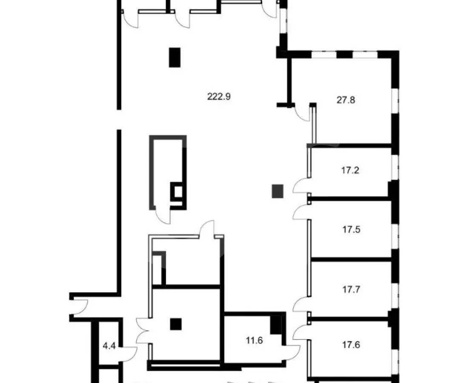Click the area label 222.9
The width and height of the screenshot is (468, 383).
coord(219,97)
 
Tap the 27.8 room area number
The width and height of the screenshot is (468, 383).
coord(345,100)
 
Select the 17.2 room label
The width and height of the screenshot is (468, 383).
coord(350,171)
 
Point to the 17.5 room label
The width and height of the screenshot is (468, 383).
coord(351,229)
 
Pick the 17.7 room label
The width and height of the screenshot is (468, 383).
coord(351,289)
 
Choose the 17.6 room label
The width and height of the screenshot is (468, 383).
coord(351,345)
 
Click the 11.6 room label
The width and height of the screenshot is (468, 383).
coord(254,340)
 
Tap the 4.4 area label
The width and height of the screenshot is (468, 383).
coord(109,346)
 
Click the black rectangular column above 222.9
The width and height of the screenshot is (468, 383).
coord(174,57)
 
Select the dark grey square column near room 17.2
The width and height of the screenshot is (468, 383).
coord(277,191)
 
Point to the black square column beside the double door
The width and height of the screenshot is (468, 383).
coord(176,324)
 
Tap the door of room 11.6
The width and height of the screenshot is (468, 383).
coord(291,352)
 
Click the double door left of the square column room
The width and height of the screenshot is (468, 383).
coord(142,331)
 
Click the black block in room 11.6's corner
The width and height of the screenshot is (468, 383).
coord(276,325)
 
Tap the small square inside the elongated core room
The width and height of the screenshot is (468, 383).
coord(178,191)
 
